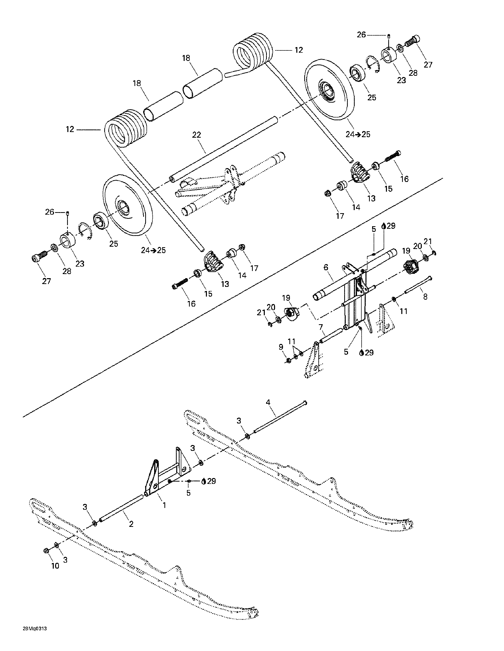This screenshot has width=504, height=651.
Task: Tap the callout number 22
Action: point(196,135)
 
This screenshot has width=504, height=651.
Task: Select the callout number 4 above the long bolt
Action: point(268,403)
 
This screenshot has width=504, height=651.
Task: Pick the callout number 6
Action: point(326,267)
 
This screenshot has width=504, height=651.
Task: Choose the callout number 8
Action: point(425,297)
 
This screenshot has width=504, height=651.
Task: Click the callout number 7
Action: point(321,327)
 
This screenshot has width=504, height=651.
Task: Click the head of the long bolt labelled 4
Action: point(304,403)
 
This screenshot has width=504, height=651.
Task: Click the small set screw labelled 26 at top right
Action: point(389,36)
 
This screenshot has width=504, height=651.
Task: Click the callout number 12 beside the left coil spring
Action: point(70,129)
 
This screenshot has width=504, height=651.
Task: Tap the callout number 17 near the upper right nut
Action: point(340,216)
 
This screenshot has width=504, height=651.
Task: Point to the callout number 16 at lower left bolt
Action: point(191,303)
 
